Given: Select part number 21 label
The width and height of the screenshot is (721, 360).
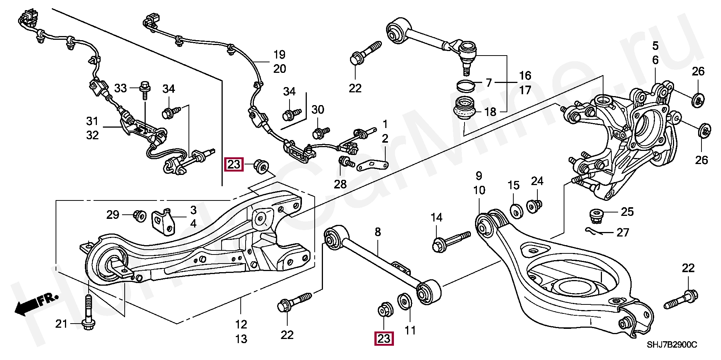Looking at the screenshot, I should tap(61, 324).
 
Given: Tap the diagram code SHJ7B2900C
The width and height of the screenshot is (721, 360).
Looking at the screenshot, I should tap(671, 345).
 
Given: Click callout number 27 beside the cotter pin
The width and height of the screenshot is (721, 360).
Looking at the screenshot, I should tap(623, 233).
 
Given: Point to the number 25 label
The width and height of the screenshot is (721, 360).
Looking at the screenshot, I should tap(627, 212).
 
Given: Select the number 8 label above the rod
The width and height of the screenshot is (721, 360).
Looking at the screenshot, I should tap(378, 232).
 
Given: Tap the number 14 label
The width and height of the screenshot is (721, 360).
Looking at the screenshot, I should tap(436, 217).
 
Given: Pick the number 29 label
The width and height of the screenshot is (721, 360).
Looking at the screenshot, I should tap(113, 214).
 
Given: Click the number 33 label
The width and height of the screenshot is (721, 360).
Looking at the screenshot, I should tap(121, 88).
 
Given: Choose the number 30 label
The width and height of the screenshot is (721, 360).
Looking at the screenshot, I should tap(318, 110).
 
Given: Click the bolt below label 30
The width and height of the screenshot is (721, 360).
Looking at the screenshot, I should tap(320, 132).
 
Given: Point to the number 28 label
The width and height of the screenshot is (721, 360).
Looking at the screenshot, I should tap(340, 184).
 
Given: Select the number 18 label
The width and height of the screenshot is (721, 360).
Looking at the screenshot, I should tap(490, 111).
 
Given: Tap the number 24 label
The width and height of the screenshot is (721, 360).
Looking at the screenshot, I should tap(537, 181).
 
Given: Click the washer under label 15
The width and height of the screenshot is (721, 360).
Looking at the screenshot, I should tap(516, 211).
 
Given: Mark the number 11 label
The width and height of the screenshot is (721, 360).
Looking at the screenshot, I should tap(410, 330).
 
